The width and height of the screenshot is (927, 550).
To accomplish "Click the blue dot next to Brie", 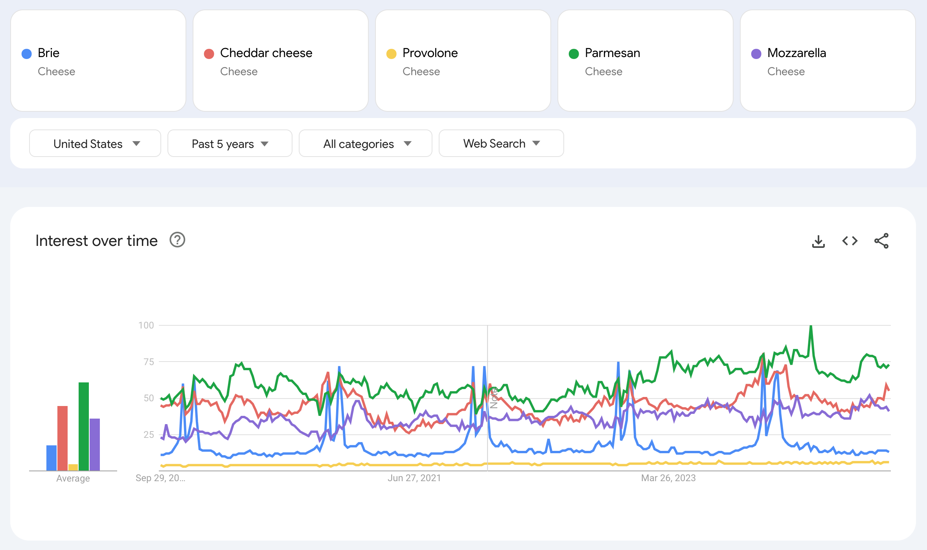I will pos(27,54).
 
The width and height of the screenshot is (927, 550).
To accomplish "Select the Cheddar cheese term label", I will pos(266,53).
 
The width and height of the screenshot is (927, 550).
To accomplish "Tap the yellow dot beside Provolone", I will pos(391,54).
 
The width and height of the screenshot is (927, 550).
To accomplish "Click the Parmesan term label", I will pos(612,53).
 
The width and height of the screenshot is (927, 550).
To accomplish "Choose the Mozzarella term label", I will pos(796,53).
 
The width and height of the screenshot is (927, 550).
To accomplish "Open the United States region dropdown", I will pos(95,144).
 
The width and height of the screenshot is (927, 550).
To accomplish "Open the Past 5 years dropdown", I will pos(230,144).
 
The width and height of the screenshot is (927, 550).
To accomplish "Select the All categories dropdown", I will pos(365,144).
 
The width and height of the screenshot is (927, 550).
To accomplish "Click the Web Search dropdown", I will pos(501,144).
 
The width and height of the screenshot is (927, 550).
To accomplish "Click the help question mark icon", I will pos(177,240).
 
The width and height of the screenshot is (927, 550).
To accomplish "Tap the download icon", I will pos(818,241).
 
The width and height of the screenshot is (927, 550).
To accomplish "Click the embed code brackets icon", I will pos(850,241).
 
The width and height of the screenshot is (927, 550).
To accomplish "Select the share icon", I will pos(881,241).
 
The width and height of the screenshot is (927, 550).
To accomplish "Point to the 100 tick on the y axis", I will pos(146,325).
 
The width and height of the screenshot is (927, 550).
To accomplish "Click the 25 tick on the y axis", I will pos(149,435).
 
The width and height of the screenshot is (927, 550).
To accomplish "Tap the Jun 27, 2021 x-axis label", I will pos(414,478).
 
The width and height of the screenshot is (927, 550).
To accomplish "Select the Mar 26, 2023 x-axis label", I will pos(668,478).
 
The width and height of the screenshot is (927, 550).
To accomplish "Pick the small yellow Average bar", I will pos(73,467).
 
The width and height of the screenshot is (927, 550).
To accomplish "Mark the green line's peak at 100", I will pos(811,327).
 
